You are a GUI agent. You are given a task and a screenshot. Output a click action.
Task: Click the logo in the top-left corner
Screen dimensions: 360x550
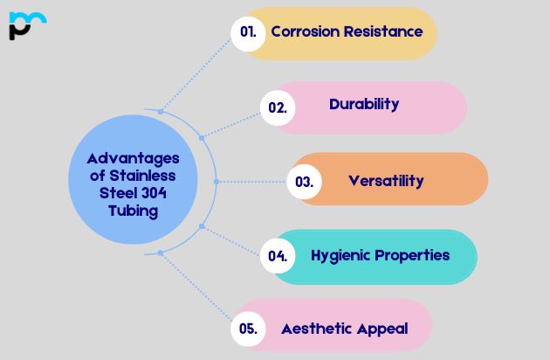[x=26, y=25]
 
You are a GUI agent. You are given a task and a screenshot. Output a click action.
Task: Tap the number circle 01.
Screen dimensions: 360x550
[x=248, y=32]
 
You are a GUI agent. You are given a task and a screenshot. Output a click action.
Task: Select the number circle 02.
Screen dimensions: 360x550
[x=278, y=107]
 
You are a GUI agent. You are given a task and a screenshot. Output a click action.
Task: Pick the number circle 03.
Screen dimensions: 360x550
[x=304, y=182]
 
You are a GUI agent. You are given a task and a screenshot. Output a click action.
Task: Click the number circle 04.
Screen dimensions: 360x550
[x=278, y=256]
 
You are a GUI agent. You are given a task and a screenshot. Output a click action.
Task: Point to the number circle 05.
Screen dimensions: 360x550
[x=248, y=329]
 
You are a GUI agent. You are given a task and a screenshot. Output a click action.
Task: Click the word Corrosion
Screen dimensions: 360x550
[x=306, y=31]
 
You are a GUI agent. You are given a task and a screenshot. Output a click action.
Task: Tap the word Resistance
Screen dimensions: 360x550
[x=385, y=31]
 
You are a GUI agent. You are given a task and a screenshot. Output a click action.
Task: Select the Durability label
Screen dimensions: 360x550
[x=364, y=104]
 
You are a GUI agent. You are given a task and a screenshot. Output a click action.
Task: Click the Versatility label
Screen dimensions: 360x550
[x=386, y=181]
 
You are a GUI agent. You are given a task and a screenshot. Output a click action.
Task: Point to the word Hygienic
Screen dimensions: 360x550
[x=341, y=255]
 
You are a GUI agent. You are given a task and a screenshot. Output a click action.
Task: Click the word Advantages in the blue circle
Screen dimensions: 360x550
[x=133, y=158]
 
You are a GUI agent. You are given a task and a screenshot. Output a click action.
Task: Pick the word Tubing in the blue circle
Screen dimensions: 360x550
[x=133, y=211]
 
